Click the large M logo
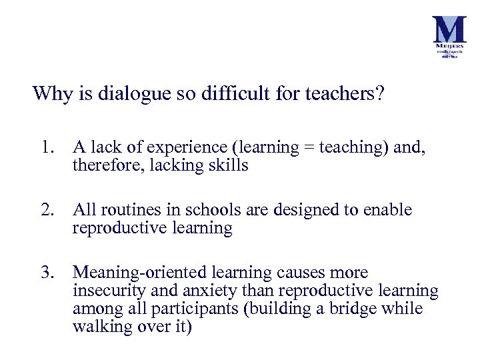point(449,31)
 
